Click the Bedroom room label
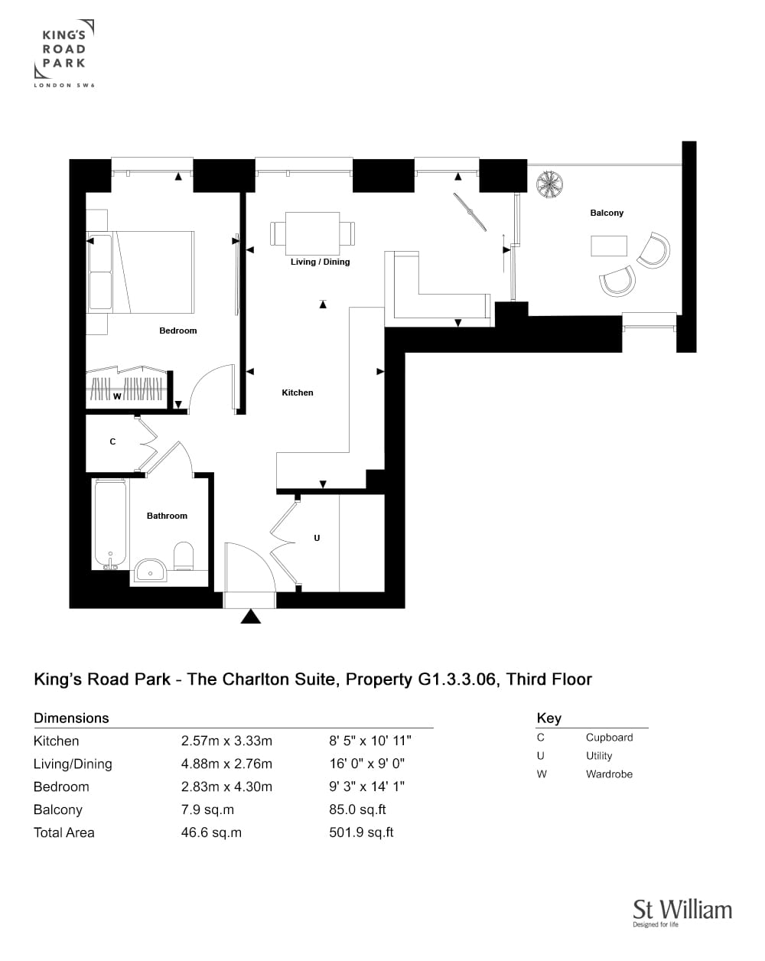(177, 331)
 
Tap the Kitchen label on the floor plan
(297, 393)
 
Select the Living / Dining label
(320, 262)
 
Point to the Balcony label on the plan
(607, 213)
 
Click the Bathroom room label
(167, 516)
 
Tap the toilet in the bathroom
(183, 556)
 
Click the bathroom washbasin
(151, 570)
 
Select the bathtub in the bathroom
(110, 524)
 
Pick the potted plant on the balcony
(549, 184)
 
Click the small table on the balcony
(609, 246)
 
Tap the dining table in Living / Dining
(312, 233)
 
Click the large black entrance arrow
(250, 616)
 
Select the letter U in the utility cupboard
(317, 538)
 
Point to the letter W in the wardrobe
(117, 396)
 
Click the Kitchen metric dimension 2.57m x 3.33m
(226, 741)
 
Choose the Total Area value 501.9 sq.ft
(361, 832)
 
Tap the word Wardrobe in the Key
(609, 774)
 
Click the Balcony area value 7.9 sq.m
(207, 810)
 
